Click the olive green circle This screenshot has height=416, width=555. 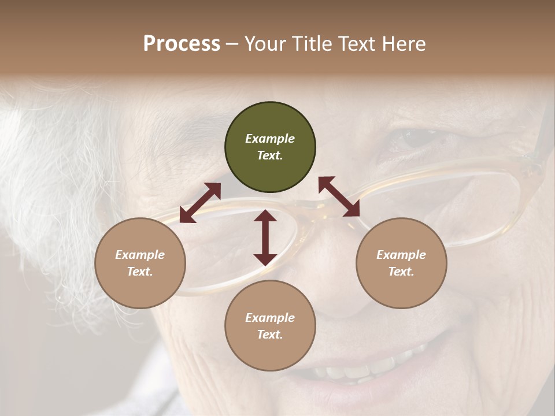270,147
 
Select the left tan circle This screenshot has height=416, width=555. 140,263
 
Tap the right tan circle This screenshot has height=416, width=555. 401,263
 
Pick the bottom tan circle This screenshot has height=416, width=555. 270,326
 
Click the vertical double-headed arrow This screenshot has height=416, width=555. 265,237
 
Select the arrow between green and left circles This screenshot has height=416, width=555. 200,203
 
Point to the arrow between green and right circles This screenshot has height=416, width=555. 339,196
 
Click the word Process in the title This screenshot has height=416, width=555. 182,43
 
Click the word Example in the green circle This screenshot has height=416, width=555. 270,139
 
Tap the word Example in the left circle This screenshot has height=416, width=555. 140,255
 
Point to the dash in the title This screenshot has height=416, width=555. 232,44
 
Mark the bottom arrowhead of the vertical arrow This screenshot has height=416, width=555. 265,259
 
